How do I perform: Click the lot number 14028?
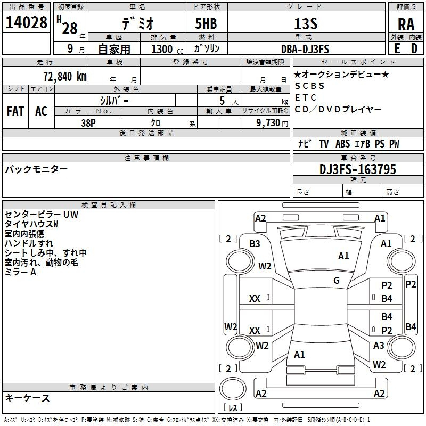tap(26, 23)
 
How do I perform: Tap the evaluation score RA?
tap(405, 24)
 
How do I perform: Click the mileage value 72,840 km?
tap(62, 76)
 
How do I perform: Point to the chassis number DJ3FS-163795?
tap(358, 169)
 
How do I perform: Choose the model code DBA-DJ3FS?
tap(305, 49)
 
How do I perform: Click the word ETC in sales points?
tap(306, 97)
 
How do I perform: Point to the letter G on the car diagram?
tap(337, 281)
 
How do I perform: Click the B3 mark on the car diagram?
tap(255, 243)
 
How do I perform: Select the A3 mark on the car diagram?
tap(379, 345)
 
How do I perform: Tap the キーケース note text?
tap(28, 398)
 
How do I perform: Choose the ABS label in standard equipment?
tap(342, 144)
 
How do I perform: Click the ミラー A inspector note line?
tap(20, 272)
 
